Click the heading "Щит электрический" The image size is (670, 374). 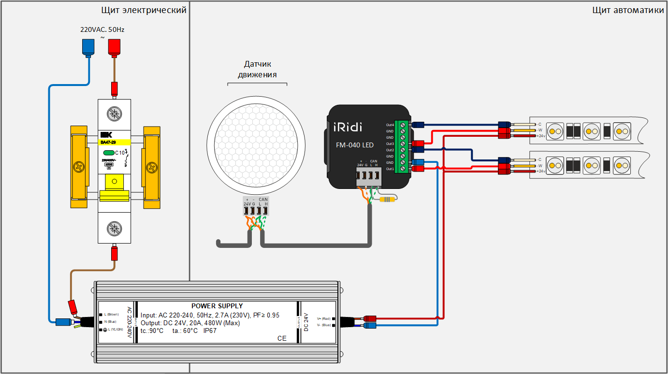[144, 10]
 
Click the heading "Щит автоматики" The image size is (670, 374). [628, 10]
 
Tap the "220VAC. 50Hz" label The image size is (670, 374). [102, 29]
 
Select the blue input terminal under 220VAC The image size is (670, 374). [88, 47]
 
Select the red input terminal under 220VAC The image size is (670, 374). [114, 47]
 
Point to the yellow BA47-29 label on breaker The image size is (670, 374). [115, 142]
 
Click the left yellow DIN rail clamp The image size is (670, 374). [78, 167]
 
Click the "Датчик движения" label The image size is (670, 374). [257, 69]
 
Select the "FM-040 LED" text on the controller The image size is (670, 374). [355, 145]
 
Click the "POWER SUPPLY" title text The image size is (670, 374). [217, 306]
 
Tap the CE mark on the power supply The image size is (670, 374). [282, 338]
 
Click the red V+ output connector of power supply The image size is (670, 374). [370, 318]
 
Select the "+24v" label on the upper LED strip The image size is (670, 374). [540, 136]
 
